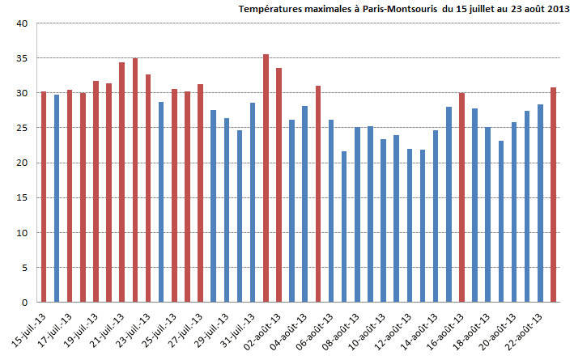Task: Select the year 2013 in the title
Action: [x=548, y=10]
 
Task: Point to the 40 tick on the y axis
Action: [x=23, y=23]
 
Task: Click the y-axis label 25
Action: [x=23, y=128]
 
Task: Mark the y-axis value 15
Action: [x=23, y=197]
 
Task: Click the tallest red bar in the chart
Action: [x=266, y=178]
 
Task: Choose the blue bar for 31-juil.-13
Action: [x=253, y=202]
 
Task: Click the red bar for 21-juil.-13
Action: [x=122, y=182]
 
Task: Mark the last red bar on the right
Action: [x=553, y=195]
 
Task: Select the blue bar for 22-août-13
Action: [x=540, y=203]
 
